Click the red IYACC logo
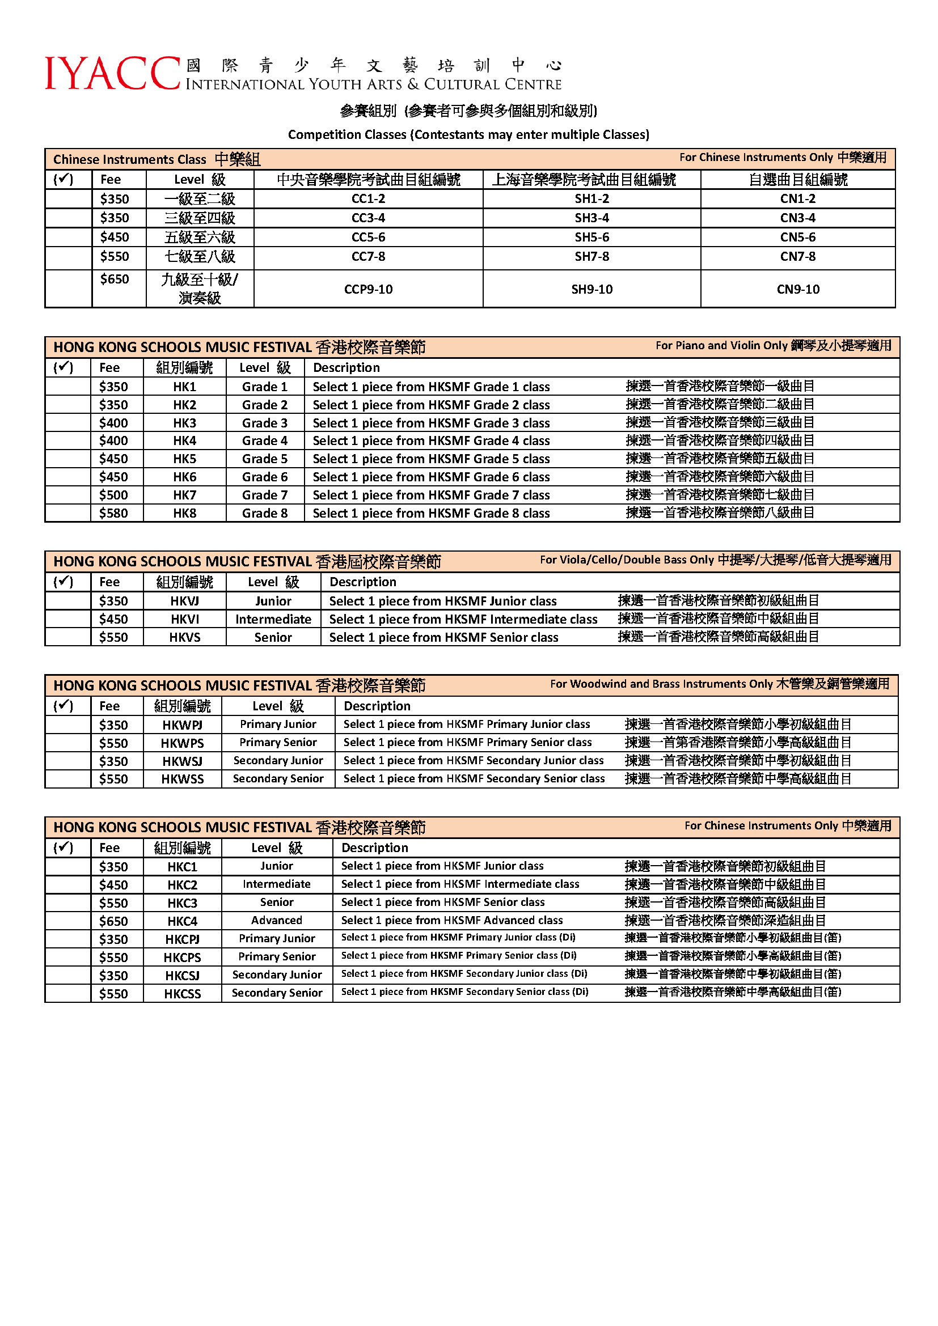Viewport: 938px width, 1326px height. [x=113, y=73]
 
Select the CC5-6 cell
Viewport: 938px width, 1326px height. [x=368, y=238]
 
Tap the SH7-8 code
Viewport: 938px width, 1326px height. [x=591, y=256]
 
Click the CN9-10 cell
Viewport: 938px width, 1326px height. [x=798, y=289]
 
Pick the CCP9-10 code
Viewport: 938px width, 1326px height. [x=368, y=289]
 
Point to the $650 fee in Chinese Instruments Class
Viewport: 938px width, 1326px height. [x=115, y=279]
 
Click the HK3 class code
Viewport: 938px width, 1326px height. [x=185, y=423]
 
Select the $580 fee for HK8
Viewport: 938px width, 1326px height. [x=113, y=513]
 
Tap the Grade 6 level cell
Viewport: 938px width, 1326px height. [x=264, y=477]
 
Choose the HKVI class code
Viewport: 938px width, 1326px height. [x=185, y=619]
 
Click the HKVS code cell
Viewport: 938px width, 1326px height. [x=185, y=637]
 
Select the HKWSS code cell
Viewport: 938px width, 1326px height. [x=183, y=779]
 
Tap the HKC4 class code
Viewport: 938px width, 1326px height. [x=183, y=921]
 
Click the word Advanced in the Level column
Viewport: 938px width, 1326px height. [x=277, y=920]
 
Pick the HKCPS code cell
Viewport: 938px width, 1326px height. [x=183, y=958]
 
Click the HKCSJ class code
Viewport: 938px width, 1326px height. [x=183, y=976]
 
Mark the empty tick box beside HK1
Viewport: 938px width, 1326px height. [x=67, y=387]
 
